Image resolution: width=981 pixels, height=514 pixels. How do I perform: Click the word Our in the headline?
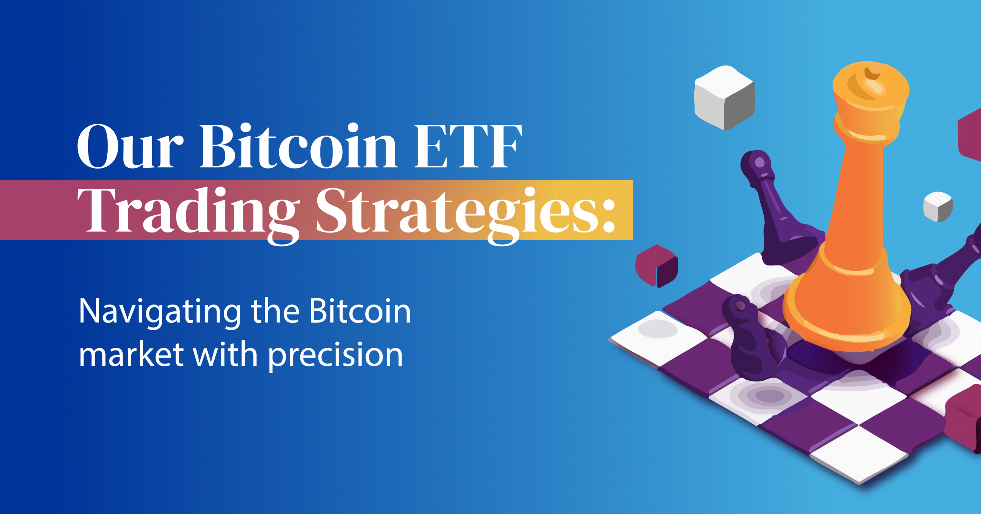point(130,146)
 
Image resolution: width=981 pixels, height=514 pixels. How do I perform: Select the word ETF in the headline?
point(468,146)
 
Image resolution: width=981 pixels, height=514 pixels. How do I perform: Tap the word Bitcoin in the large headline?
point(298,146)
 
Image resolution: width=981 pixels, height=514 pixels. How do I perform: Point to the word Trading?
point(188,211)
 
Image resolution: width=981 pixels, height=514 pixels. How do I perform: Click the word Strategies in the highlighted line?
point(456,211)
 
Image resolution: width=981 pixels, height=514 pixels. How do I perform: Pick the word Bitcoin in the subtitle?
point(360,311)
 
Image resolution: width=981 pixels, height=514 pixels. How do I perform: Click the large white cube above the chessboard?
point(724,98)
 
